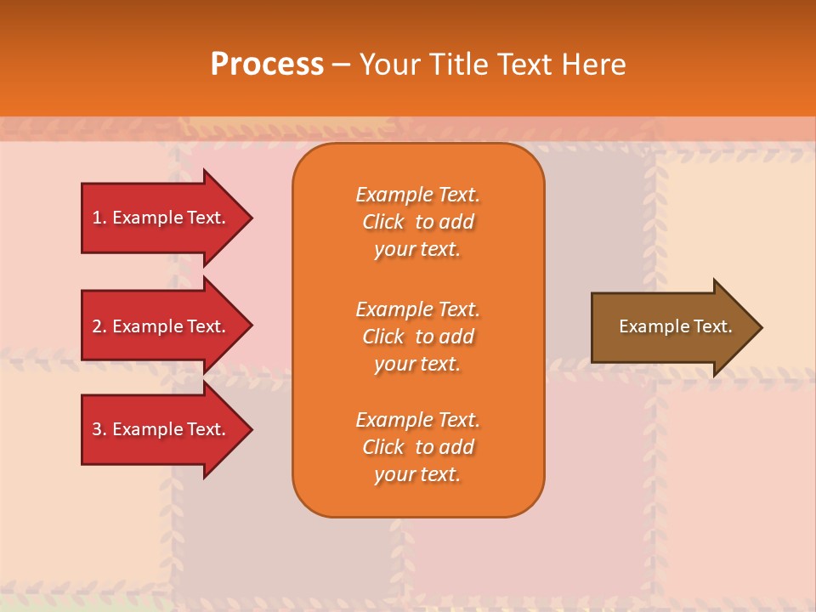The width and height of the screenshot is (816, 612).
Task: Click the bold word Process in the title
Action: [267, 65]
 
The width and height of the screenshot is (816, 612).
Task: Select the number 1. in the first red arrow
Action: [99, 218]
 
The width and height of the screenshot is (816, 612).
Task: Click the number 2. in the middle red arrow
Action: [99, 326]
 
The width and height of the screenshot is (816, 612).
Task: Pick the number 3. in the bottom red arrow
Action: [99, 429]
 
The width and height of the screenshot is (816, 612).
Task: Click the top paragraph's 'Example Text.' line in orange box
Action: [417, 195]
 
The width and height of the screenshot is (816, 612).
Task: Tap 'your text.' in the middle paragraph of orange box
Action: [417, 364]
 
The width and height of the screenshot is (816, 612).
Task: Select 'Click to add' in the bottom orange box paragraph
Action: [417, 447]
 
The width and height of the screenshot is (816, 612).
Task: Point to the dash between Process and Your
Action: [341, 65]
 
